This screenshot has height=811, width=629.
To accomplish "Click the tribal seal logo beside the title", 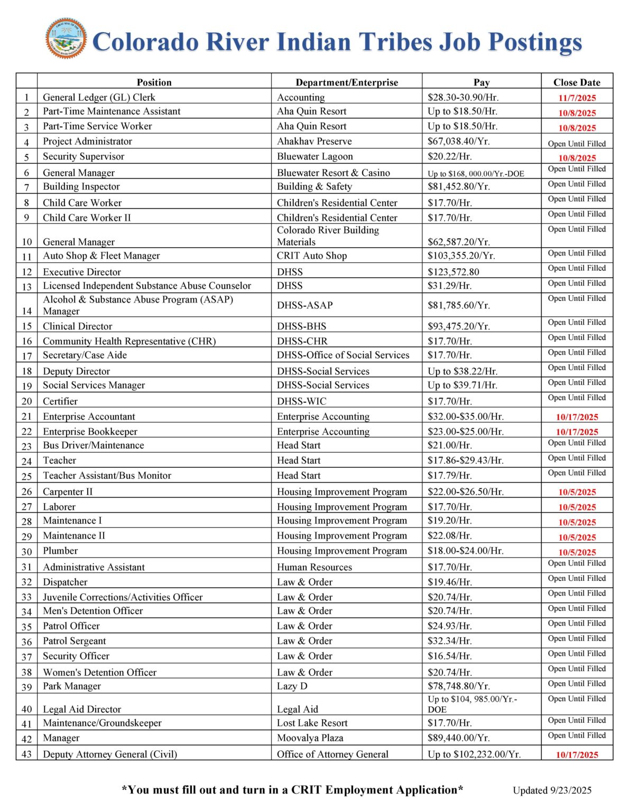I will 66,39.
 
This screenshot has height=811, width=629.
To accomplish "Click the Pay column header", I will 481,82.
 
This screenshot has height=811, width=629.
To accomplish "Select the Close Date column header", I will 577,82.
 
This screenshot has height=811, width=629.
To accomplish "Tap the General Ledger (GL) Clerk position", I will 99,97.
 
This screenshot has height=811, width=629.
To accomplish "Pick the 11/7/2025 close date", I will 577,98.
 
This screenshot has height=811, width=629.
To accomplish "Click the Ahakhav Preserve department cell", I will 314,141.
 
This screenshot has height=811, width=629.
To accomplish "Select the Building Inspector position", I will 81,186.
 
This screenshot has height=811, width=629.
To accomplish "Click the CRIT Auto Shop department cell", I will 312,256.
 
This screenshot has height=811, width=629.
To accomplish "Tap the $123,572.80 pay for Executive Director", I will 454,272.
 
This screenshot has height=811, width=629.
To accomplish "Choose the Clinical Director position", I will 78,326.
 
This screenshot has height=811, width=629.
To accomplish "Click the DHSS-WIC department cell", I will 301,401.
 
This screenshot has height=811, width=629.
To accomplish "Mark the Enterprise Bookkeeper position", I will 90,431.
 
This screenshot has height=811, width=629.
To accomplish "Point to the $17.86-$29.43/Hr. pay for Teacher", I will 465,460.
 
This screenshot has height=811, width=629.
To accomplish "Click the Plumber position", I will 60,551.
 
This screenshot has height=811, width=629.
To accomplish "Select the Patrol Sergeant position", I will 75,641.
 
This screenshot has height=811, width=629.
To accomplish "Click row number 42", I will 26,739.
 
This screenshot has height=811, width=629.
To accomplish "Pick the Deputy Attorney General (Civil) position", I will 110,754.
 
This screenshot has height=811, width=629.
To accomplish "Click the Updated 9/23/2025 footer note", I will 552,790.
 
